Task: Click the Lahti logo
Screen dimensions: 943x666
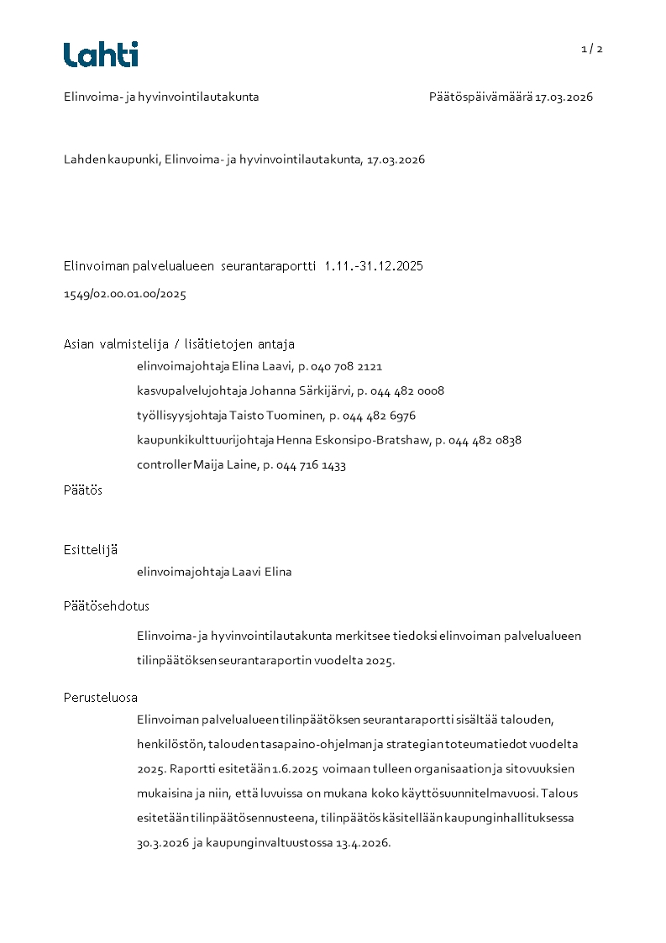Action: (x=101, y=55)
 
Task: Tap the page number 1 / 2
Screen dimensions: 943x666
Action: (x=592, y=49)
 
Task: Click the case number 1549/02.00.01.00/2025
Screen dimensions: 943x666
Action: (x=125, y=295)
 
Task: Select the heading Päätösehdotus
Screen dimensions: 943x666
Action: (x=106, y=605)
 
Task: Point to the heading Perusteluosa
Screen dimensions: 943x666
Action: (x=101, y=697)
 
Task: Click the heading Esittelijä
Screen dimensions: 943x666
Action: (x=91, y=550)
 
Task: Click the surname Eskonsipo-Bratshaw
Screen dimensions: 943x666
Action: (x=364, y=440)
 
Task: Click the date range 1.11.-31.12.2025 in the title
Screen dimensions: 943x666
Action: (x=373, y=266)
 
